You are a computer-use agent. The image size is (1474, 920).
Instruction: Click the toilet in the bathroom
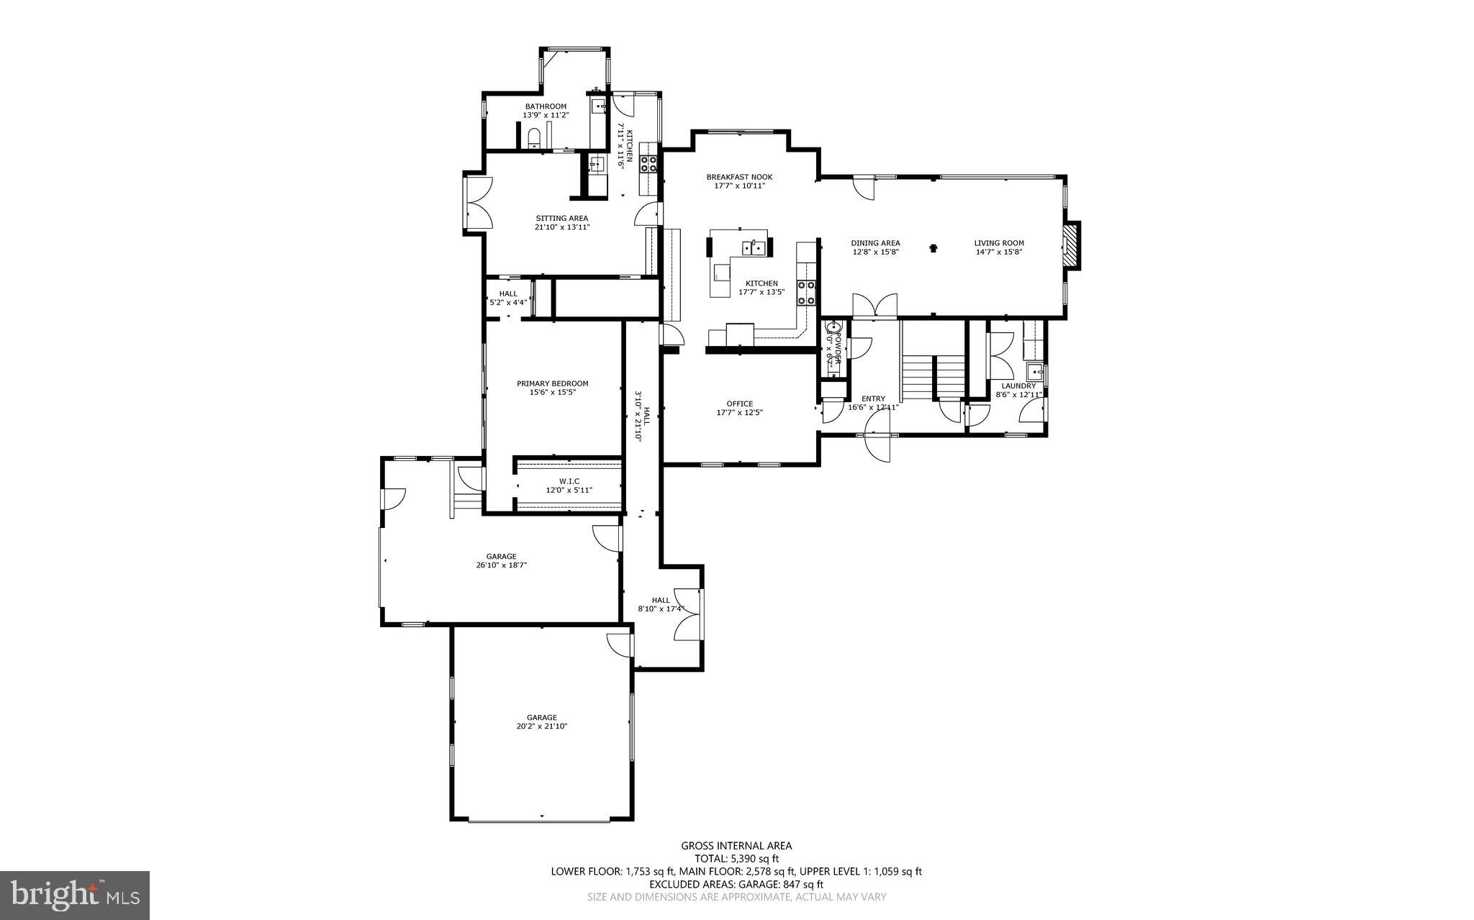point(534,137)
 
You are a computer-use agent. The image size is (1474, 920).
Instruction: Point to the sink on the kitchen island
point(754,248)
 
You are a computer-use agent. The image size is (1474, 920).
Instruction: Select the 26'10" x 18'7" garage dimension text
point(501,565)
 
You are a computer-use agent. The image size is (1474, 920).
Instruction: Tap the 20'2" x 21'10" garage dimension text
point(541,727)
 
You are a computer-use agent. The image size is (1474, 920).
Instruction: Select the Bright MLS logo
point(75,895)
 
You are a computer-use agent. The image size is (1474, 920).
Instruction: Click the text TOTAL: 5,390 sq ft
point(736,858)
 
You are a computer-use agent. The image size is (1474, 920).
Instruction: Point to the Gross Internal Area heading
point(736,846)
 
